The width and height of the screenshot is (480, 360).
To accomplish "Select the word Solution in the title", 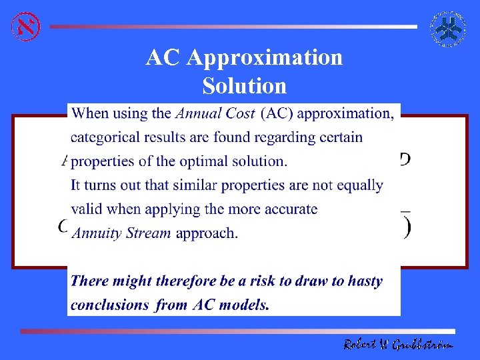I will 244,86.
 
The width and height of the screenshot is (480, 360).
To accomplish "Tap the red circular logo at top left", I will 25,26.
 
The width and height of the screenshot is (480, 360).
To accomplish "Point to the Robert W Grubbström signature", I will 398,344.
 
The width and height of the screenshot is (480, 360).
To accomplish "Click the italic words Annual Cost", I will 215,113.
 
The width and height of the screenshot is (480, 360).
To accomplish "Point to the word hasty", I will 364,281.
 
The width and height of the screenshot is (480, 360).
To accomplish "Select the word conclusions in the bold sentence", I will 109,305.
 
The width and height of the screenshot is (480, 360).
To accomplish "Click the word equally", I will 359,185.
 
